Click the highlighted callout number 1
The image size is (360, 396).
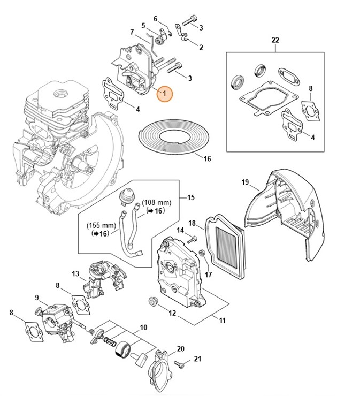pyautogui.click(x=165, y=94)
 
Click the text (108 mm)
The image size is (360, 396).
pyautogui.click(x=156, y=203)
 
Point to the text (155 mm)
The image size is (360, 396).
pyautogui.click(x=101, y=226)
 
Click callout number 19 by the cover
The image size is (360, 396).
pyautogui.click(x=245, y=182)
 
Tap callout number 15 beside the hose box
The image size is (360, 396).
pyautogui.click(x=190, y=197)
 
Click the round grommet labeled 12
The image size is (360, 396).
pyautogui.click(x=154, y=303)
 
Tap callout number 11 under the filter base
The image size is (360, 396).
pyautogui.click(x=221, y=321)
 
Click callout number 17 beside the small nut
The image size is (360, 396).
pyautogui.click(x=208, y=275)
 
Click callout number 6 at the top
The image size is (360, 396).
pyautogui.click(x=156, y=19)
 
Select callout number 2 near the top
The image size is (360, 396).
pyautogui.click(x=201, y=48)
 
